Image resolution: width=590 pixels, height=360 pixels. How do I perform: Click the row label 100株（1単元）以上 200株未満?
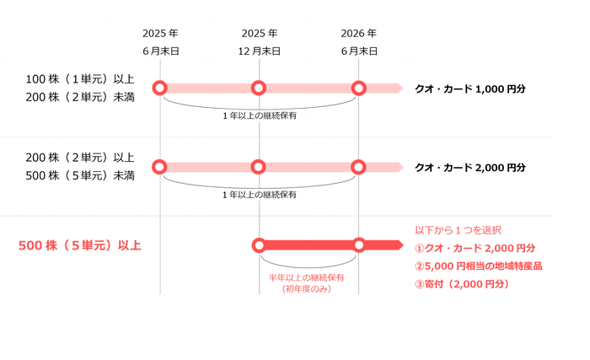click(80, 88)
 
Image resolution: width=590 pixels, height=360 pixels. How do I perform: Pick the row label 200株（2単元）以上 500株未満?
click(80, 166)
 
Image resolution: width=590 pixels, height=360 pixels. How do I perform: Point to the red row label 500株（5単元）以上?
click(80, 246)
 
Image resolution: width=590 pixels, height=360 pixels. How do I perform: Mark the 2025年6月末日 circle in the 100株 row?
click(160, 88)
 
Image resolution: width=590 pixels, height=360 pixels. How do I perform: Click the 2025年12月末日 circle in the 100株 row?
click(260, 88)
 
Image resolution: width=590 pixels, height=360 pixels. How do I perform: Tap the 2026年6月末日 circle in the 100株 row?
click(359, 88)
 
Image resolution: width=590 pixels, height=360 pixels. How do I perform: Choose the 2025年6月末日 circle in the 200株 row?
click(160, 167)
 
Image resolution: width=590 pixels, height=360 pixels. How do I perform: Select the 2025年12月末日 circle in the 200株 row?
click(260, 167)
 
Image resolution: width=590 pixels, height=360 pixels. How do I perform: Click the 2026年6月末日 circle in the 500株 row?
click(359, 245)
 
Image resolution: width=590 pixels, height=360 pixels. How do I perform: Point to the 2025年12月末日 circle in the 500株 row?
click(260, 245)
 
